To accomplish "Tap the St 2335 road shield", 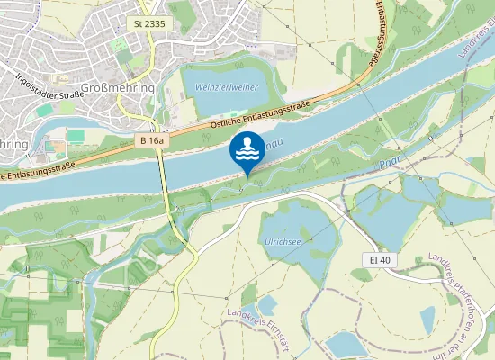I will point(148,22).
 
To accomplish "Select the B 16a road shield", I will point(152,140).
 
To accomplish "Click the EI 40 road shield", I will point(382,259).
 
